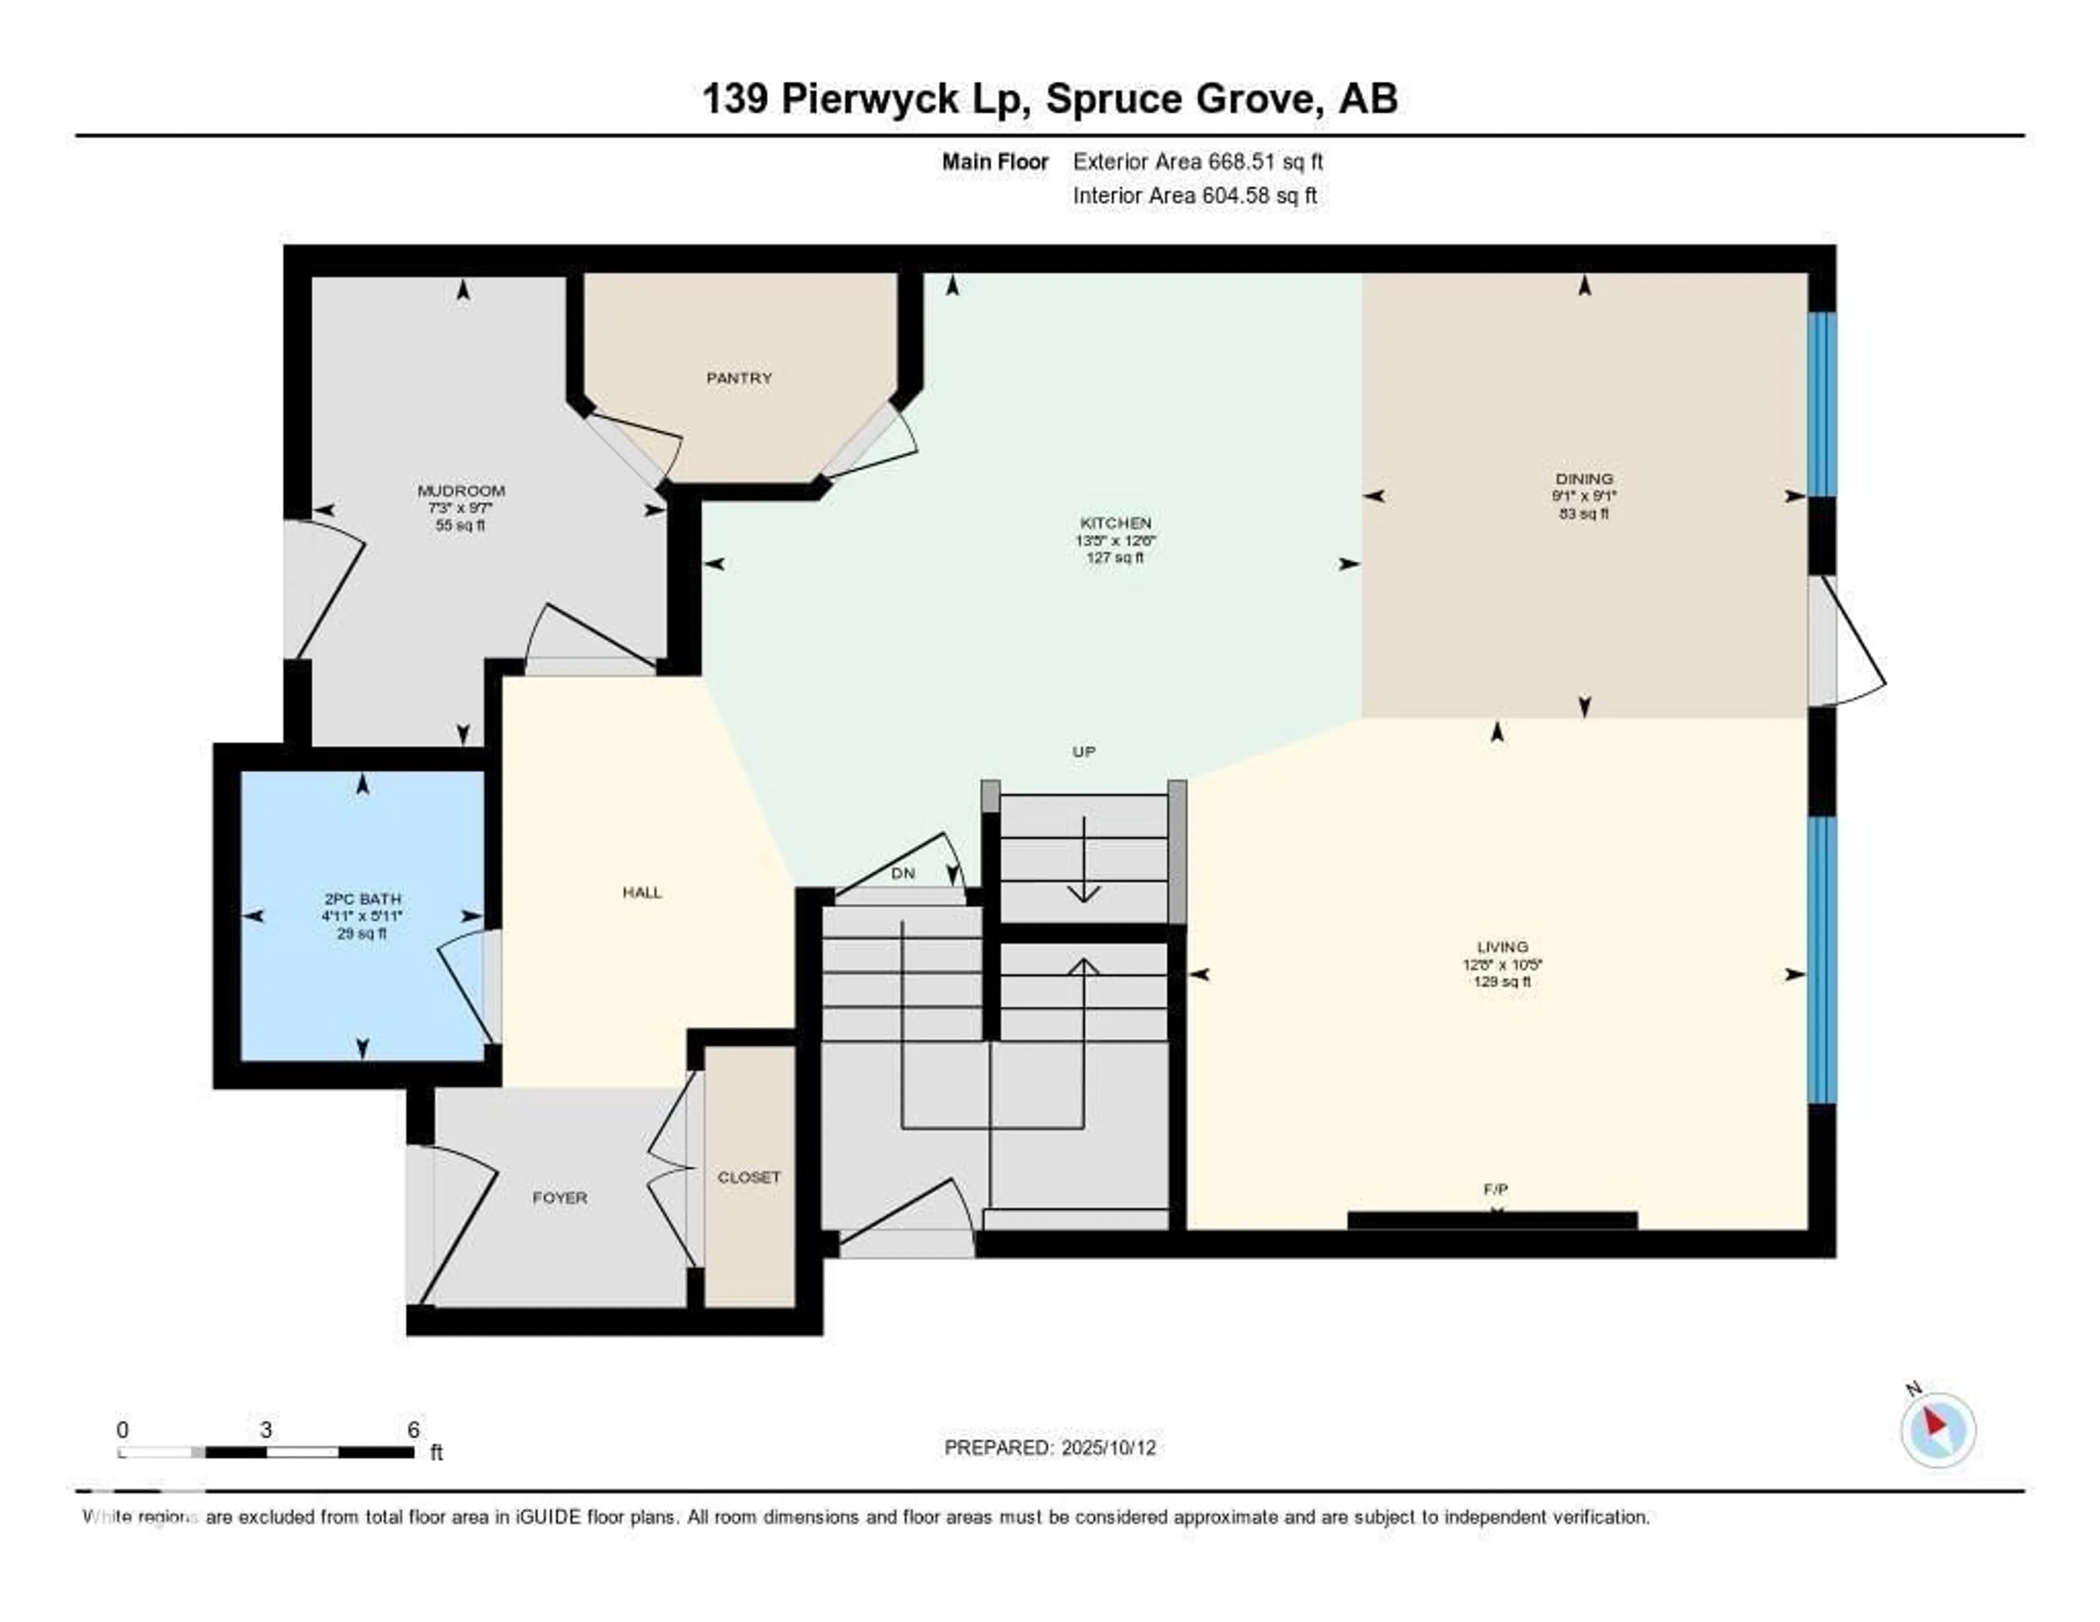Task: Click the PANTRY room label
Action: (738, 378)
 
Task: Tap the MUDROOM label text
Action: (460, 491)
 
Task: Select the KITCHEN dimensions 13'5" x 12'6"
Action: (1116, 540)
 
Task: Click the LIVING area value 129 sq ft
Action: (1502, 982)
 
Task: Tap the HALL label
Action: (641, 892)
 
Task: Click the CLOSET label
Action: (749, 1177)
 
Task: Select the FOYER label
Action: (559, 1197)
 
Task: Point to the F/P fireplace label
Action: (1495, 1189)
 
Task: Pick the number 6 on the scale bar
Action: (413, 1430)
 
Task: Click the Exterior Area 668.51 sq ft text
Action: (1197, 161)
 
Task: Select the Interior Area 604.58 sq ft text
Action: (1194, 195)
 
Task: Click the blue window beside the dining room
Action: (1821, 404)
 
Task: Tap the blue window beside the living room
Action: (1821, 959)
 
